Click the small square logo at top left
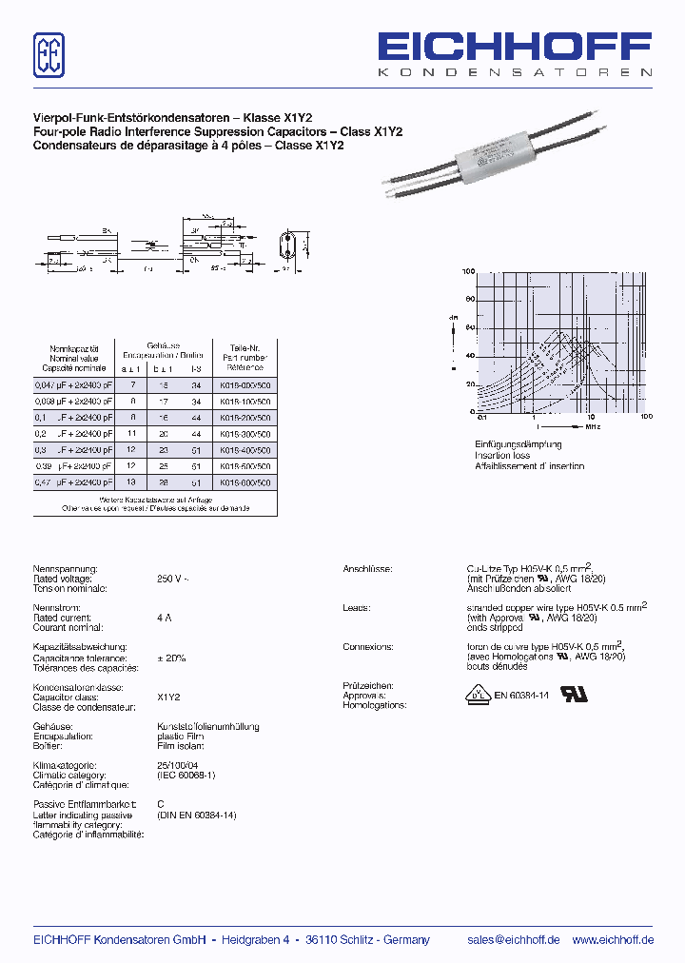click(x=49, y=54)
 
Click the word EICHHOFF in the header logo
click(x=515, y=48)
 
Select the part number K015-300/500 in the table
click(x=245, y=434)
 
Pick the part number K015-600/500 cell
click(x=245, y=482)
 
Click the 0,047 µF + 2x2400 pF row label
click(x=73, y=385)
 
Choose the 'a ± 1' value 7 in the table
click(x=133, y=385)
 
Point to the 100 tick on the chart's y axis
click(x=469, y=272)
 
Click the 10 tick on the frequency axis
click(x=591, y=418)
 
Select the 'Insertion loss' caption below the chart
click(x=503, y=456)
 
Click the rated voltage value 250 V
click(x=172, y=579)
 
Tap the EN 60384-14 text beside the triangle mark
click(x=521, y=696)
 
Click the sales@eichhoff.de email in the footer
click(x=514, y=939)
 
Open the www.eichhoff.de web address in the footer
click(x=612, y=939)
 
